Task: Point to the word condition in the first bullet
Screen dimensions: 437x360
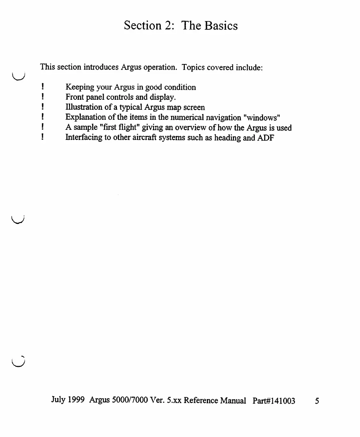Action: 180,87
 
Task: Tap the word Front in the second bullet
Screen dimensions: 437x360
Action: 74,97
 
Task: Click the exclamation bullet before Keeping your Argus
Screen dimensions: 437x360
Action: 43,87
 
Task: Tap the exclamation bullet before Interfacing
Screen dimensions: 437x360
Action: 43,138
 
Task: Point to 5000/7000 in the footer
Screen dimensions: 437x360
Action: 129,400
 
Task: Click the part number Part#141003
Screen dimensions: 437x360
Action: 274,401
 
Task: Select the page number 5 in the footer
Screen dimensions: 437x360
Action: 317,401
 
